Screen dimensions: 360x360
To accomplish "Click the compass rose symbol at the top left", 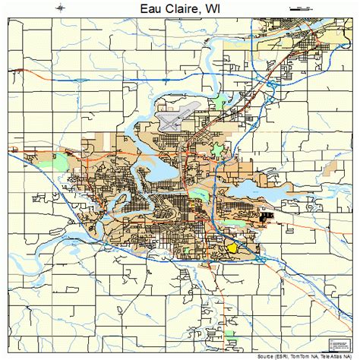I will [x=61, y=8].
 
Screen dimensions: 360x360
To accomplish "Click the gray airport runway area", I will [x=173, y=118].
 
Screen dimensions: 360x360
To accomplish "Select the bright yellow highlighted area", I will [x=232, y=247].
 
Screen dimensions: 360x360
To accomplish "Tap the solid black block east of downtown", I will [x=265, y=217].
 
